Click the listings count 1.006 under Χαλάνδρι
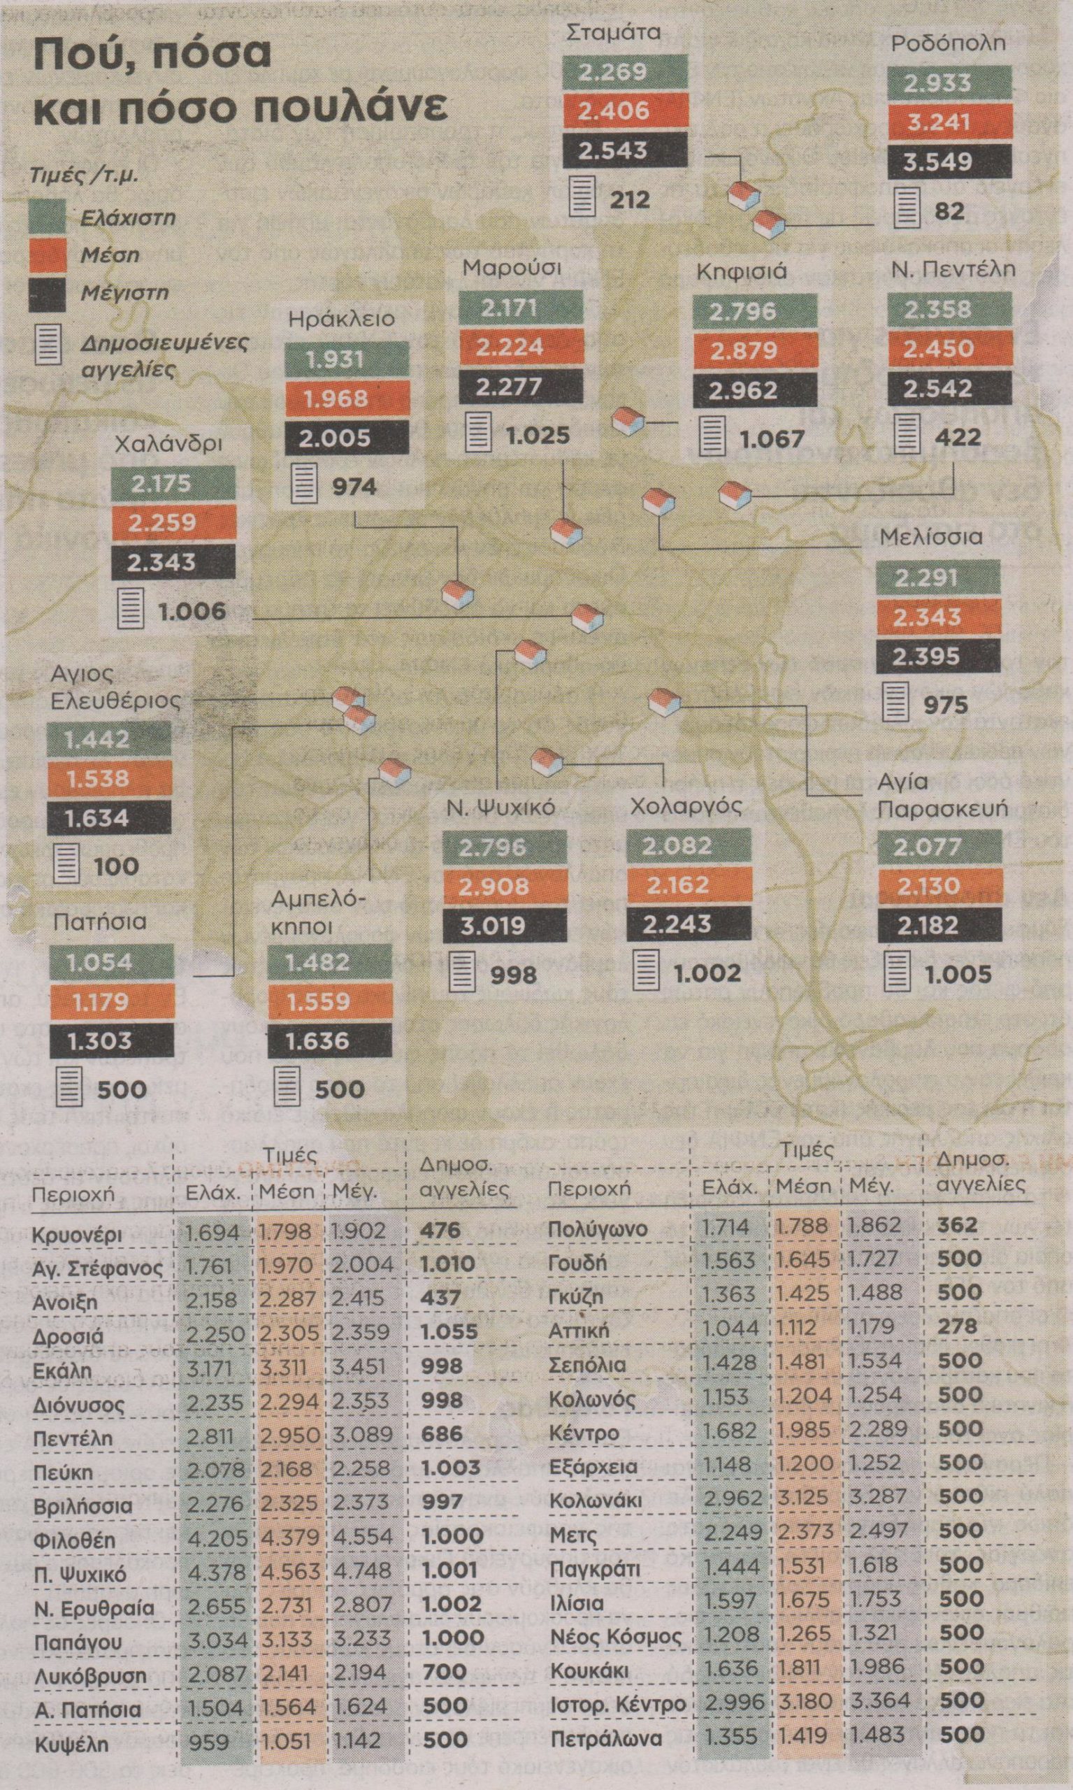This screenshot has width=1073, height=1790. coord(192,611)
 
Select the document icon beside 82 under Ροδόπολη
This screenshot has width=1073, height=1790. coord(907,210)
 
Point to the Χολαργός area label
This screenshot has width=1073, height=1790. coord(677,806)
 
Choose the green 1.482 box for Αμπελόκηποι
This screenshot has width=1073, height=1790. coord(329,962)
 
